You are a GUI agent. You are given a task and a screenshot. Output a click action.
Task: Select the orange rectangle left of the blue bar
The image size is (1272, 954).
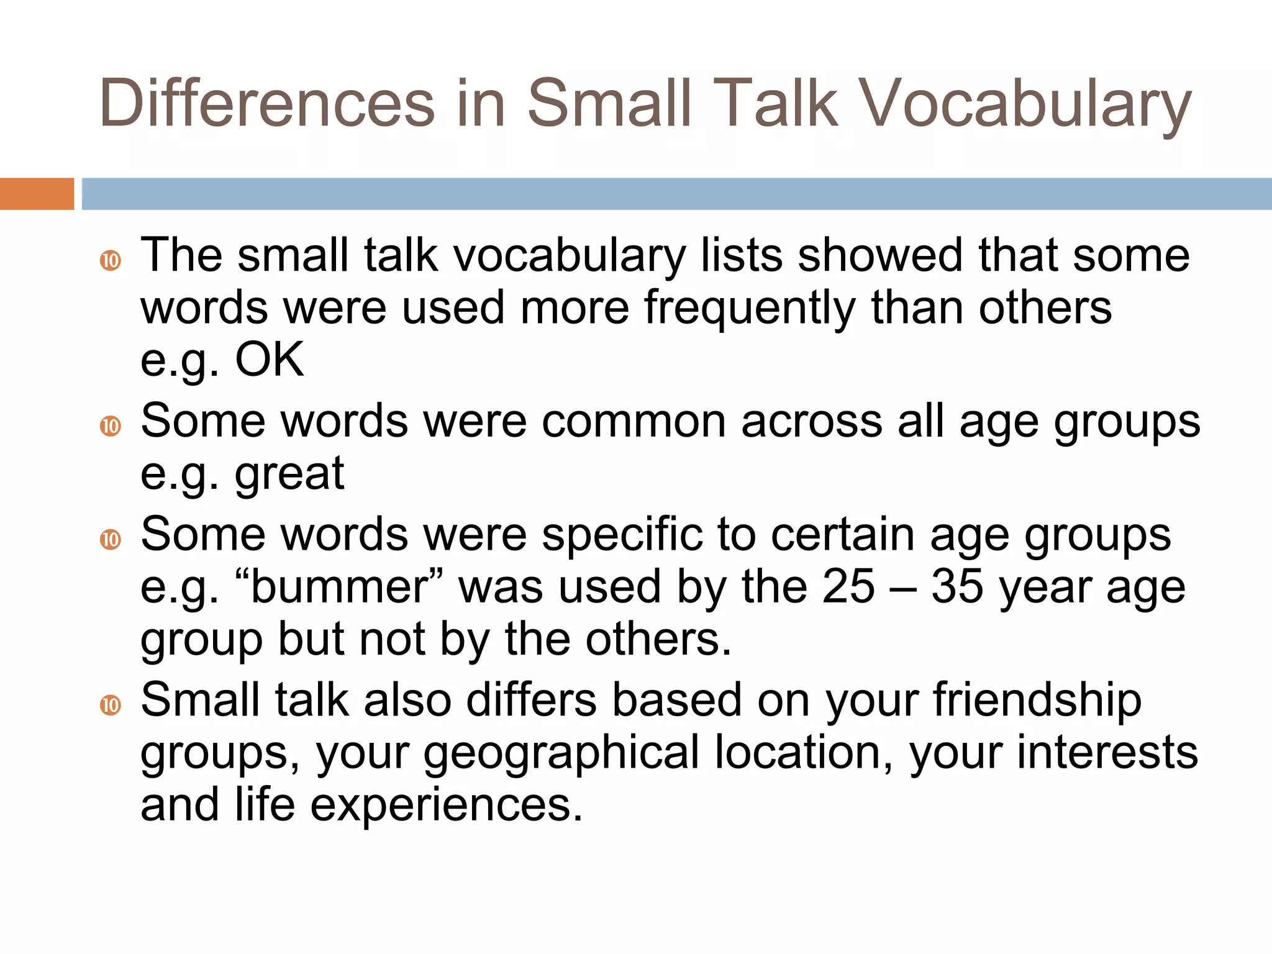point(37,194)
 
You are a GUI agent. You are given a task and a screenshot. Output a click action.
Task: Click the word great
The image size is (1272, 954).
point(289,473)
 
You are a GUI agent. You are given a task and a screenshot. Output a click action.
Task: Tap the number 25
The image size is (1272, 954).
point(848,586)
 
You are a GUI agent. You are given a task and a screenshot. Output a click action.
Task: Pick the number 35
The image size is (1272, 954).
point(957,586)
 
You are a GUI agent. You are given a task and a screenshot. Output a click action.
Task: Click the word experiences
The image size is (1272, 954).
point(447,805)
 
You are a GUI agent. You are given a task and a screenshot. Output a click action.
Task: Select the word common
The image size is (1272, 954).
point(634,421)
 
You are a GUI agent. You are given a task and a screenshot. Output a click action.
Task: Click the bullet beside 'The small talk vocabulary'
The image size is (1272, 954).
point(111,260)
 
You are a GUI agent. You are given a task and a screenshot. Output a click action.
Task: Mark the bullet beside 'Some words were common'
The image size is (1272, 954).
point(111,426)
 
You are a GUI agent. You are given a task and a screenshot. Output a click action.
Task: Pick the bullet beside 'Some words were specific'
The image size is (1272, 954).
point(111,539)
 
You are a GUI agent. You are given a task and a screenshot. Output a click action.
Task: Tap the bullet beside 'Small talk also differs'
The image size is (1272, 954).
point(111,706)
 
